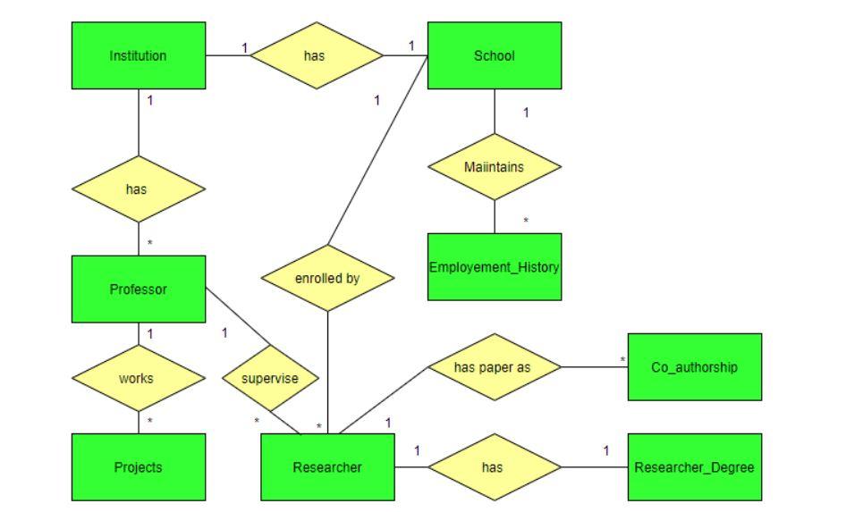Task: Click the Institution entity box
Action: [139, 55]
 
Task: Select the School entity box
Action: [495, 55]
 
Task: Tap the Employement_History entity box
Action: [495, 267]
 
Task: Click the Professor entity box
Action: [139, 289]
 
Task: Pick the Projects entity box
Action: [139, 466]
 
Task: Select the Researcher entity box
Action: [327, 466]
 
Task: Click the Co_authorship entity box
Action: [695, 366]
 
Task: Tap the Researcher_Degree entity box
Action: [695, 466]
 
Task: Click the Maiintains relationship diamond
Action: [495, 166]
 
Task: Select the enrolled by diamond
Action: [327, 278]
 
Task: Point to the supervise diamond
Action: [269, 378]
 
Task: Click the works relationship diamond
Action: [139, 378]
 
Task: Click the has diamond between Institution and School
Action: [317, 55]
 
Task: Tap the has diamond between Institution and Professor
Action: [139, 189]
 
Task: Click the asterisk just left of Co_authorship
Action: [622, 361]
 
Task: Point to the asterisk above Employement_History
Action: [526, 222]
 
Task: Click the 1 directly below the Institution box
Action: [150, 100]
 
